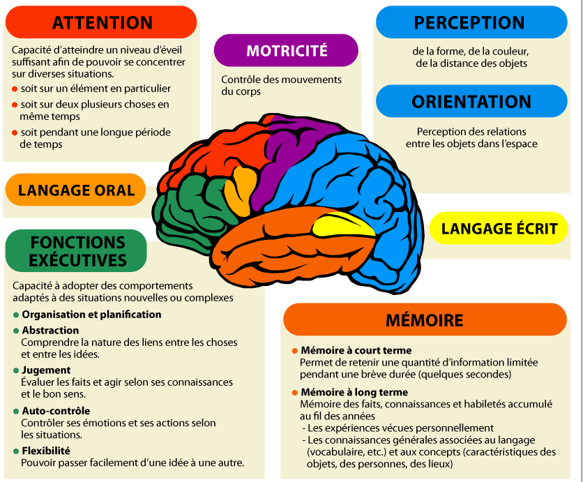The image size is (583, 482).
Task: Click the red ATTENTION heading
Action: coord(103,22)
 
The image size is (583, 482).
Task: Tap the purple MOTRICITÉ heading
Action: coord(286,50)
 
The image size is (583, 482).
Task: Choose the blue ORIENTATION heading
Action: coord(471,101)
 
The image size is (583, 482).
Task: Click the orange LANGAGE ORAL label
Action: coord(76,190)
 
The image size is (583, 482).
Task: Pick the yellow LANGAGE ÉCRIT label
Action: coord(499,228)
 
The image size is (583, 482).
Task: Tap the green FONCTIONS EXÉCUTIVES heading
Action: coord(77,251)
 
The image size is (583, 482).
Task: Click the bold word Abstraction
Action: coord(50,331)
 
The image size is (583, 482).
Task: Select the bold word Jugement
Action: coord(46,370)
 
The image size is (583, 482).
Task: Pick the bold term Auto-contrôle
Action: coord(56,411)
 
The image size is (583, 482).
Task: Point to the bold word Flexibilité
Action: coord(46,451)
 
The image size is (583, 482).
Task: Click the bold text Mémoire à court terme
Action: coord(356,350)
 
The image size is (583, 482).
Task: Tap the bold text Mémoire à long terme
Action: coord(354,393)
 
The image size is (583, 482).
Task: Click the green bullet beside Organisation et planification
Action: coord(15,315)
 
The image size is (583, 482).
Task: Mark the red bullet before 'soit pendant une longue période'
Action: coord(15,132)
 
